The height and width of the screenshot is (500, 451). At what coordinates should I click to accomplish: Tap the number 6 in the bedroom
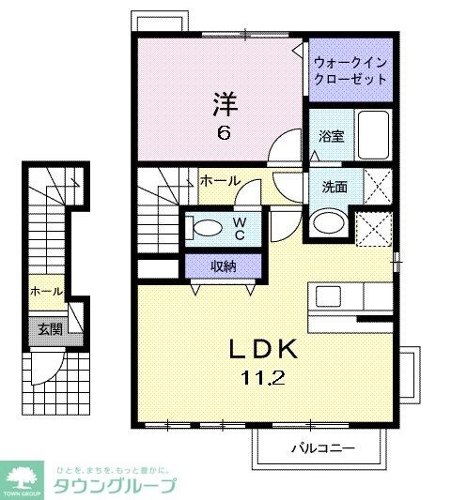tap(224, 132)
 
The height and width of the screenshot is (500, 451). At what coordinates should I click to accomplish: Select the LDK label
tap(265, 350)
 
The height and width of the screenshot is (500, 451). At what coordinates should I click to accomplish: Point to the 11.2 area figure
tap(265, 380)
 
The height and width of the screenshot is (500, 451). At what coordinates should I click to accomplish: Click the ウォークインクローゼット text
tap(350, 70)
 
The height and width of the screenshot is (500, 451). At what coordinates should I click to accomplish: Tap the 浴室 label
tap(331, 136)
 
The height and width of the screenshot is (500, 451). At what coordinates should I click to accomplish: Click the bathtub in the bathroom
tap(375, 137)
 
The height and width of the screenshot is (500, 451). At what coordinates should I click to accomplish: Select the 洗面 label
tap(334, 187)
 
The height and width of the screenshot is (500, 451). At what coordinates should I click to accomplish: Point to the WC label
tap(239, 228)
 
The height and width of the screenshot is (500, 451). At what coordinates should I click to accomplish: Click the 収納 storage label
tap(223, 266)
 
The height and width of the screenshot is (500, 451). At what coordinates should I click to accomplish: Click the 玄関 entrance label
tap(49, 328)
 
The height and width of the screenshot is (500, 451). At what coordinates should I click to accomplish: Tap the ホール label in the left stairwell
tap(46, 292)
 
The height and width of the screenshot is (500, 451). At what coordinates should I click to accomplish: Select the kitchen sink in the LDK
tap(330, 296)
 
